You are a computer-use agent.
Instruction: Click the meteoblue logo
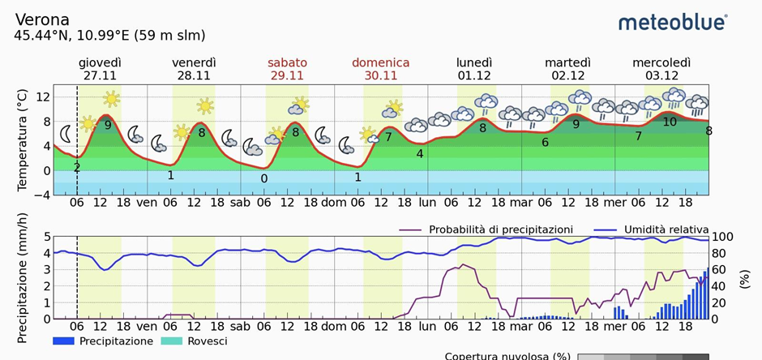[672, 22]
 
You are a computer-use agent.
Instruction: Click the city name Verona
[42, 19]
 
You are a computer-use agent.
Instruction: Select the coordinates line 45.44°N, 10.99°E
[109, 36]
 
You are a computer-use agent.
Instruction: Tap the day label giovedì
[100, 62]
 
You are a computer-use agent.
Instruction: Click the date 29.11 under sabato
[287, 75]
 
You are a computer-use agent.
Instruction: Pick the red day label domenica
[380, 62]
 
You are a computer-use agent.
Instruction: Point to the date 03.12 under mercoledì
[661, 75]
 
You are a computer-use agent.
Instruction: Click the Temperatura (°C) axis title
[22, 141]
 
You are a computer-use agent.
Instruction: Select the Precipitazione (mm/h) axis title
[22, 277]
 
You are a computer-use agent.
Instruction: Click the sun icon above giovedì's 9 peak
[111, 99]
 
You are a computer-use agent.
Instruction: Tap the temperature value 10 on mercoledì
[670, 122]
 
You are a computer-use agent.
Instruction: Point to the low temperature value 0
[264, 178]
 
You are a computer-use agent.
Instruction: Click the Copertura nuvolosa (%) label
[507, 356]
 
